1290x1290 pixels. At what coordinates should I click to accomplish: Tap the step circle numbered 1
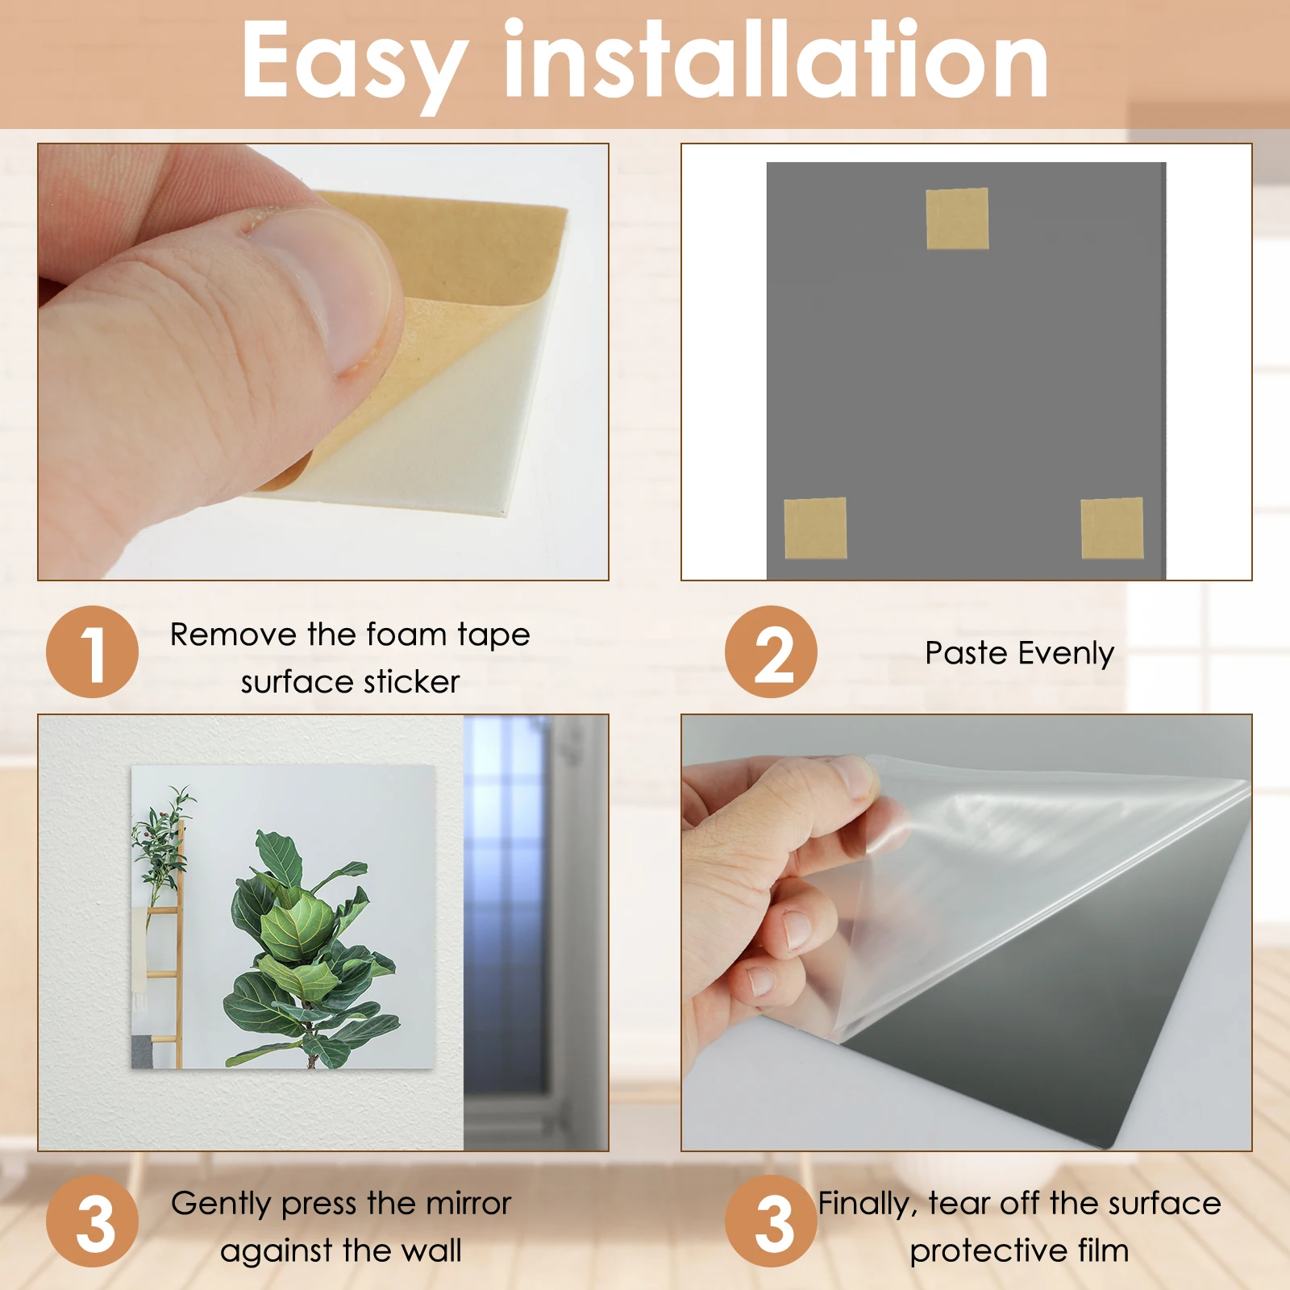92,652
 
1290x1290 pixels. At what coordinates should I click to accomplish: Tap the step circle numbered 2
771,652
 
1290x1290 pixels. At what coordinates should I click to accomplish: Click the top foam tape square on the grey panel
957,218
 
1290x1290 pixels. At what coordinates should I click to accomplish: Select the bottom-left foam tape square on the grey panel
815,528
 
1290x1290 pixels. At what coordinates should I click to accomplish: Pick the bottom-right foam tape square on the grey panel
1112,528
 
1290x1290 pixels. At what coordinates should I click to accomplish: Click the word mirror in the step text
468,1204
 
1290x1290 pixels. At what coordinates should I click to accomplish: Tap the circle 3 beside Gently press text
92,1221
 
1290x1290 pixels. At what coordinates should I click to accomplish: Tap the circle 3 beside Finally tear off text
771,1221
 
